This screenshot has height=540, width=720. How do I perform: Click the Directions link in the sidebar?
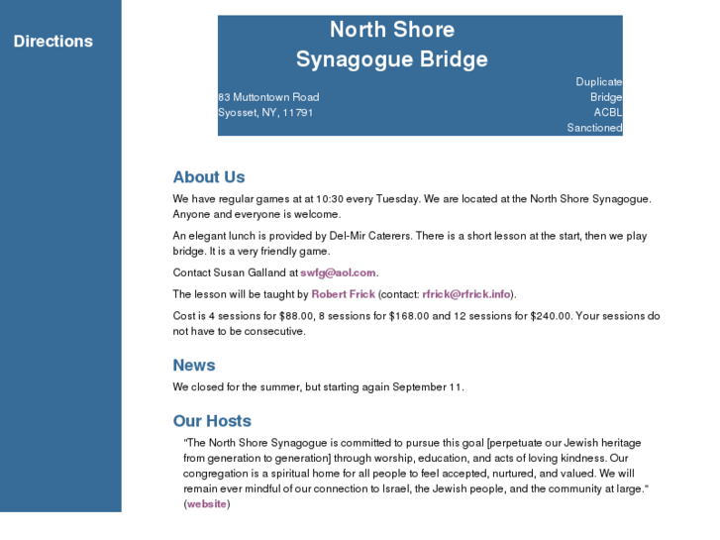point(53,42)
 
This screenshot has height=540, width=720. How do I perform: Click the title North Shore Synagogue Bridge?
point(392,45)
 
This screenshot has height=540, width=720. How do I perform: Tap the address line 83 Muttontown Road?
point(268,97)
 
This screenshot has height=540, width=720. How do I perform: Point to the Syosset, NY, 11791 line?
point(265,113)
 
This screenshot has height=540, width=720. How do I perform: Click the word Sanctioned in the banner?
point(594,128)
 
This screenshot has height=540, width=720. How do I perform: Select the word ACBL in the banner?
point(607,113)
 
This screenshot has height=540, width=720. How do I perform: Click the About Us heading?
point(209,177)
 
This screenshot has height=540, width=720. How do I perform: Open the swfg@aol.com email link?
point(338,272)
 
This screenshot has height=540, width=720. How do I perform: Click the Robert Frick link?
point(343,294)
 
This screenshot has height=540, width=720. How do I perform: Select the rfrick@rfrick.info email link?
point(466,294)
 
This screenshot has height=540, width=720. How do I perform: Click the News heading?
point(194,366)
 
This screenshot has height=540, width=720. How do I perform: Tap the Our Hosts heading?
point(212,421)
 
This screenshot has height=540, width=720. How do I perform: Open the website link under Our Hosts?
point(207,504)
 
